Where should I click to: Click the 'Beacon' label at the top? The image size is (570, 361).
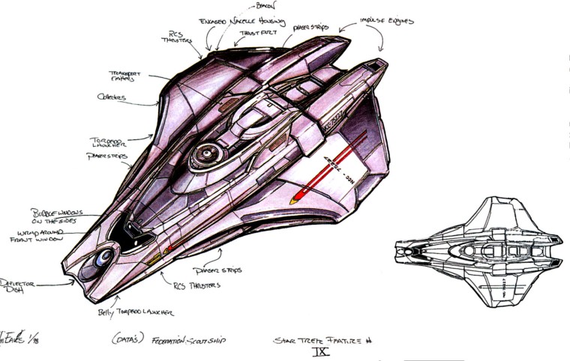(x=265, y=5)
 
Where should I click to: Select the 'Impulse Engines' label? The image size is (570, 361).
(x=386, y=22)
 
